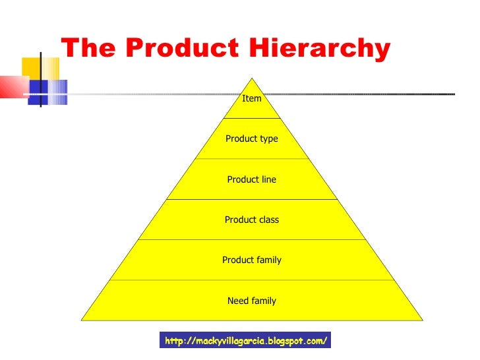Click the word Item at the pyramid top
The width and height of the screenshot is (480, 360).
click(x=252, y=99)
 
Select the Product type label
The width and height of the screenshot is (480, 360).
click(x=252, y=139)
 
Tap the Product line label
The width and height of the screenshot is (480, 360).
click(x=252, y=179)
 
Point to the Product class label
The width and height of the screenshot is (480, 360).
click(x=252, y=220)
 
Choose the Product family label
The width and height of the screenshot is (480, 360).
click(x=252, y=260)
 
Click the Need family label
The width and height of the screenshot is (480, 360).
click(x=252, y=301)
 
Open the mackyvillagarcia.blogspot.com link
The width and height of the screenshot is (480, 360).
click(x=245, y=341)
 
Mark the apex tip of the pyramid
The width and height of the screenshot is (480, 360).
click(x=252, y=78)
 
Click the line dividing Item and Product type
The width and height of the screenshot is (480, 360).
click(x=252, y=119)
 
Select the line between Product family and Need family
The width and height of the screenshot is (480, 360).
click(x=252, y=280)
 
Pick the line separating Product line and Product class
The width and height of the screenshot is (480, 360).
click(x=252, y=199)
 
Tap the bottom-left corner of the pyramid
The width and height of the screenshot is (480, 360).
click(x=82, y=320)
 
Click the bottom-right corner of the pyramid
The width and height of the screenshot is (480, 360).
click(x=422, y=320)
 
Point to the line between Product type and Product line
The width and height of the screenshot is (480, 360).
click(x=252, y=159)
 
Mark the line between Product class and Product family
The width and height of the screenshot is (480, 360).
click(x=252, y=239)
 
